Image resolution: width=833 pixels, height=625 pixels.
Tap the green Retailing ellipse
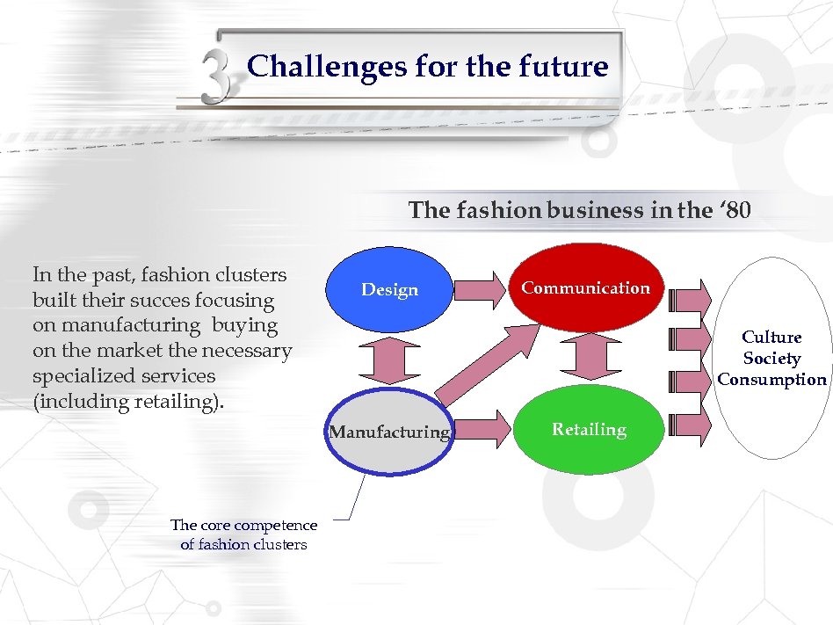588,430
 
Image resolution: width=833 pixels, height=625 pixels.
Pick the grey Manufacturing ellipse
389,432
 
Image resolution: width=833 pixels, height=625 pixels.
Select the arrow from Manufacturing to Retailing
482,429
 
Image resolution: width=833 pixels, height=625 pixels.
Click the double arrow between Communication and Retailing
587,359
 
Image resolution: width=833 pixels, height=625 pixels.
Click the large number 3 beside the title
216,77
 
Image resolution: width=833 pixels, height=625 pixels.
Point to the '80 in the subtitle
735,211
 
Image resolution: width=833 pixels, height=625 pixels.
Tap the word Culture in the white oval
771,337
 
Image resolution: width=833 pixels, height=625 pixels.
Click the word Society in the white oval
771,359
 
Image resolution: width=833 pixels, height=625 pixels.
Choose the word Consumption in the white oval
771,380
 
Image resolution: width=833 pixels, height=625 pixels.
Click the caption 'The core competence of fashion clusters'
243,534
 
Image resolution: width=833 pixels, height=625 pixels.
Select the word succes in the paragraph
174,300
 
